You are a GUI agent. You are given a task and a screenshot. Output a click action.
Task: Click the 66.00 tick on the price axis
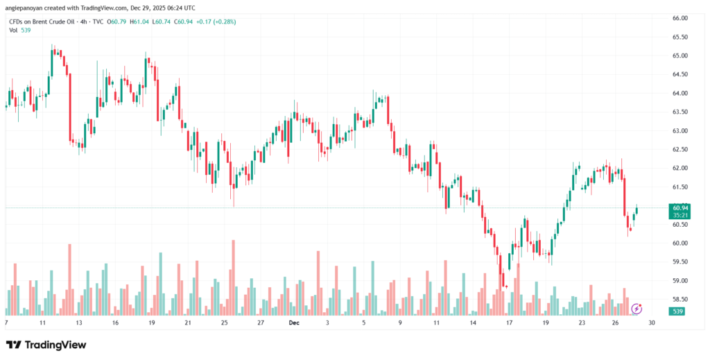coord(679,18)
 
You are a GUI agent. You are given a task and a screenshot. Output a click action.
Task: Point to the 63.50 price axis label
coord(679,112)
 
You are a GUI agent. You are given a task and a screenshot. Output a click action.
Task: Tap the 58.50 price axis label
coord(679,299)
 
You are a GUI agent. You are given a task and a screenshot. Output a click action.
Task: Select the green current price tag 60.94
coord(679,207)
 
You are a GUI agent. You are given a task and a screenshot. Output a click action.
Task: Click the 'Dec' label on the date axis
coord(294,323)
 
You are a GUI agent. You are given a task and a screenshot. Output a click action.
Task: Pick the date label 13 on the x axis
coord(79,323)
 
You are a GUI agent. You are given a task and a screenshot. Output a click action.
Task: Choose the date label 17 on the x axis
coord(509,323)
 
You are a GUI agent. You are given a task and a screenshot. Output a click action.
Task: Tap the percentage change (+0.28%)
coord(224,22)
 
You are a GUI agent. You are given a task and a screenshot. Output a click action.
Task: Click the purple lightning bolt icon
coord(636,308)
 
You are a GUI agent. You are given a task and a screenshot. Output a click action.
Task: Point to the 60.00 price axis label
coord(679,243)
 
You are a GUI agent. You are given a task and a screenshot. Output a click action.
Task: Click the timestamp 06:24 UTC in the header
coord(180,8)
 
